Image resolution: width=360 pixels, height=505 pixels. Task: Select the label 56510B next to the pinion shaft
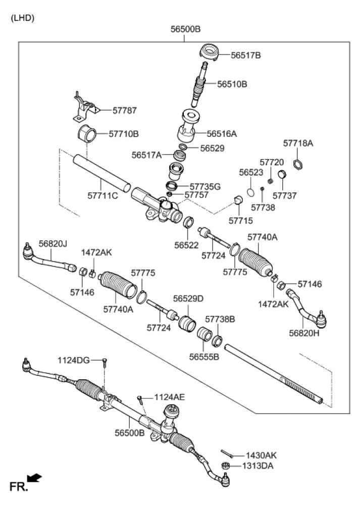[x=232, y=84]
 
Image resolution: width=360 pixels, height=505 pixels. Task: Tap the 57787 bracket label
[x=124, y=110]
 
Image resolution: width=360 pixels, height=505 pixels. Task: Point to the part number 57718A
[x=298, y=143]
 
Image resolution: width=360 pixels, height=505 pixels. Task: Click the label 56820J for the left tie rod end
[x=53, y=244]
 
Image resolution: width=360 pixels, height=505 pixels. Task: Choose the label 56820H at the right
[x=304, y=333]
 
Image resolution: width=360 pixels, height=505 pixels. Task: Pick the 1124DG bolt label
[x=73, y=360]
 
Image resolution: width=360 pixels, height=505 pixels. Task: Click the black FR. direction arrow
[x=34, y=477]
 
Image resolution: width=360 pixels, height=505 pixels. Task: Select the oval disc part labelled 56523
[x=251, y=192]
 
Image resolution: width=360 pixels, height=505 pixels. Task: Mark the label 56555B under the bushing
[x=204, y=357]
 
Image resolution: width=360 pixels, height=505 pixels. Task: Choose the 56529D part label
[x=188, y=299]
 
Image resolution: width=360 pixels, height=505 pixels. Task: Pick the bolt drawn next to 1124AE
[x=140, y=401]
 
